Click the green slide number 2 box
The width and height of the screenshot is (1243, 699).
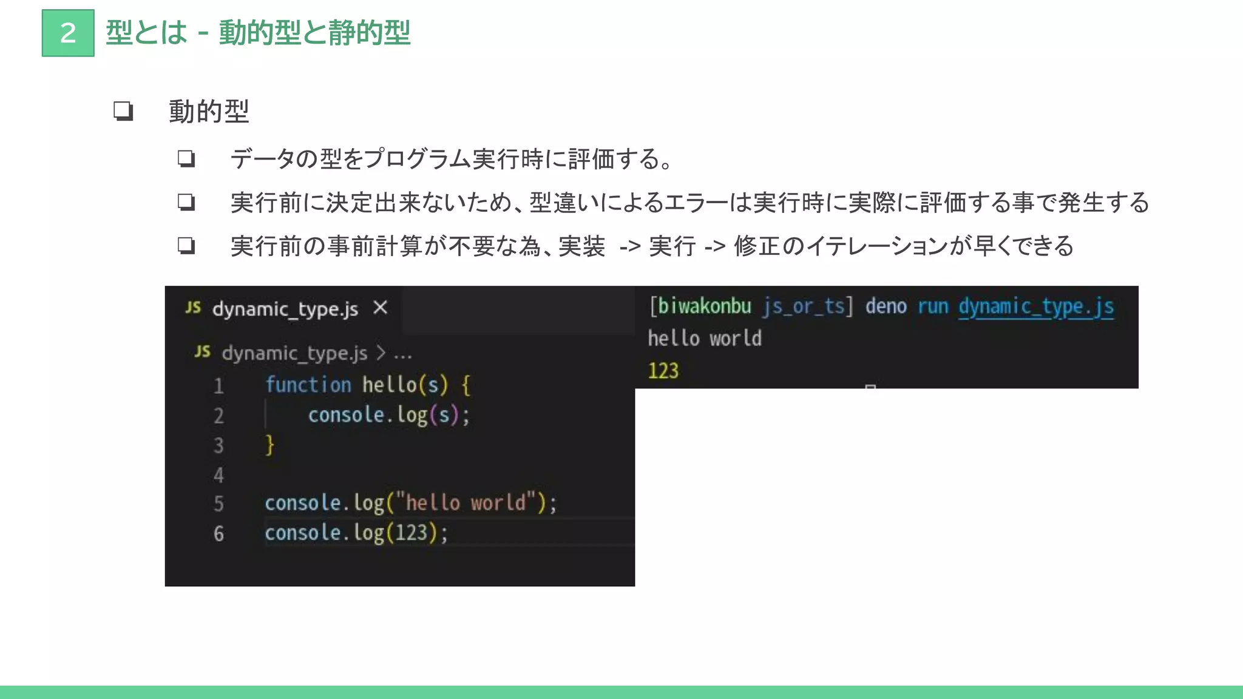(x=68, y=33)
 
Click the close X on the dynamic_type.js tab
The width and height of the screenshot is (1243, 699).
(x=381, y=308)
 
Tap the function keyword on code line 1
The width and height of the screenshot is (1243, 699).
(x=308, y=385)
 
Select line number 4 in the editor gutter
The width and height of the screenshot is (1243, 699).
(x=218, y=475)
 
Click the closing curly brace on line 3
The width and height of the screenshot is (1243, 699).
(x=270, y=445)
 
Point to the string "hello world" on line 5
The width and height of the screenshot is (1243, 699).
(x=466, y=503)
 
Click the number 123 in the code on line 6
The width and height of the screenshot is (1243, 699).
(x=412, y=533)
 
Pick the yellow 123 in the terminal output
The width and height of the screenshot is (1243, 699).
(x=663, y=371)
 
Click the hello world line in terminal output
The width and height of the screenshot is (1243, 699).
(x=704, y=338)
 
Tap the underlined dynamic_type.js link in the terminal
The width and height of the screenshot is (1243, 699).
(x=1036, y=306)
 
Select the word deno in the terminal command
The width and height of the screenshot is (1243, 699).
(x=886, y=306)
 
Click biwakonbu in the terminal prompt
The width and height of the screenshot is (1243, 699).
(x=704, y=306)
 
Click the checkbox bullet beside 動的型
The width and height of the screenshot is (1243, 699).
(x=123, y=111)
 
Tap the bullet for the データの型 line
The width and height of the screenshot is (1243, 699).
(x=186, y=159)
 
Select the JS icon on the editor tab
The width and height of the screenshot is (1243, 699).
(x=193, y=308)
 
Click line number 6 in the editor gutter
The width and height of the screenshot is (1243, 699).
(x=218, y=533)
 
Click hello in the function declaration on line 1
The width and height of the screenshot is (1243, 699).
(x=389, y=385)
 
